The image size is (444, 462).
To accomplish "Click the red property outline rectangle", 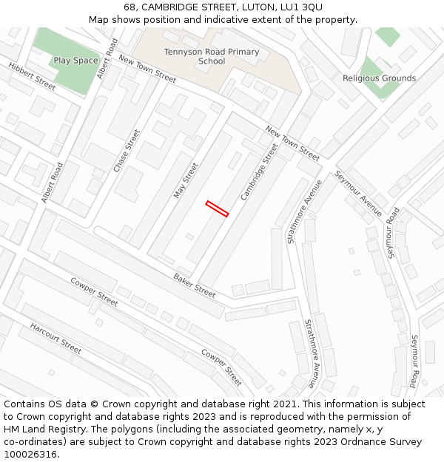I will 217,208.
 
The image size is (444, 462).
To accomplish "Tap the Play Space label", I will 75,61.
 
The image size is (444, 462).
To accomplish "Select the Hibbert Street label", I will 32,77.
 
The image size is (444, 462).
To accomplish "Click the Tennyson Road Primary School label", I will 212,56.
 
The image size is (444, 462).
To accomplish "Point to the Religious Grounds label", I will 379,78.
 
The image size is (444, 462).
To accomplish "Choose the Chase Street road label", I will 127,152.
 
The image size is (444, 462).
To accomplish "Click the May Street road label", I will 186,180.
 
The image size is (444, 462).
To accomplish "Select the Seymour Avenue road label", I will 359,193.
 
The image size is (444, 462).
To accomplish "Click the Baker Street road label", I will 195,285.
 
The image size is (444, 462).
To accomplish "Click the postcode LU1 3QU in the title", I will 302,7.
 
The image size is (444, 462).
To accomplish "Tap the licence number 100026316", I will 30,455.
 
